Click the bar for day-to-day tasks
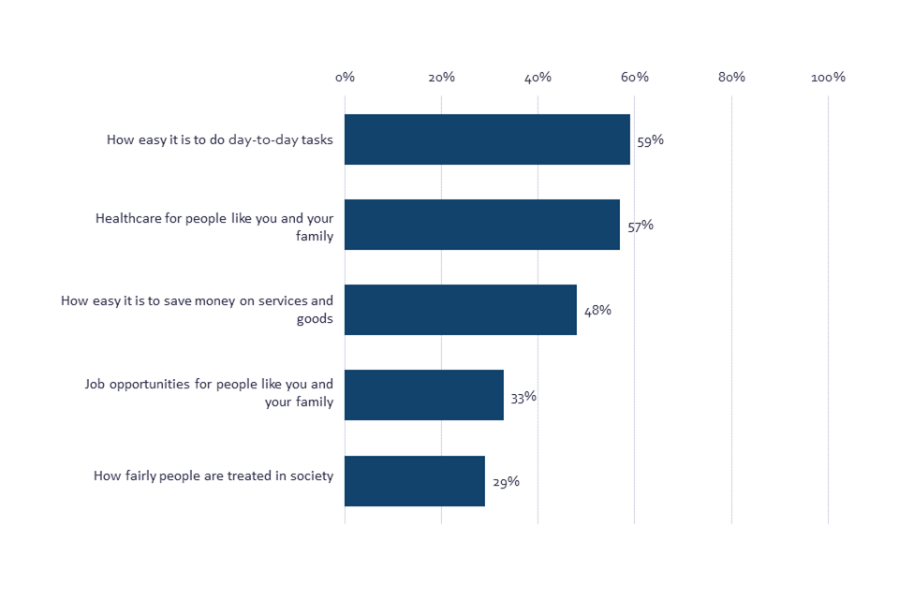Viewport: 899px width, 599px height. click(x=487, y=139)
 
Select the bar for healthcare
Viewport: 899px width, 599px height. click(x=482, y=225)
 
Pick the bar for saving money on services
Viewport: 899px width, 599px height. click(x=461, y=310)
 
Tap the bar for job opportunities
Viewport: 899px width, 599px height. click(x=424, y=395)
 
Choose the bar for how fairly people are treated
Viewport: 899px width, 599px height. click(x=415, y=481)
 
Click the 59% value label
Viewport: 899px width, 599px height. click(x=651, y=140)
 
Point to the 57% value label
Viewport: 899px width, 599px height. click(x=641, y=226)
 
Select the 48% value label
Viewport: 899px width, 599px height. click(x=597, y=311)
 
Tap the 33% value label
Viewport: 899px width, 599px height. click(x=523, y=396)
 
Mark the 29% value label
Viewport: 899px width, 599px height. click(x=506, y=482)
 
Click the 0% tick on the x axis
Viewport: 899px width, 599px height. click(x=345, y=77)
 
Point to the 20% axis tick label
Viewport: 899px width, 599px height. click(x=441, y=77)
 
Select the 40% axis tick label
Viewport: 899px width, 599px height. click(x=538, y=77)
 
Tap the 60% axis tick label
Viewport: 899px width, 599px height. click(x=635, y=77)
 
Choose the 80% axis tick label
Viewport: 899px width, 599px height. click(x=731, y=77)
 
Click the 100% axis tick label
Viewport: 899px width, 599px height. click(x=828, y=77)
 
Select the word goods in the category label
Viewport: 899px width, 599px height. click(x=315, y=318)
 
